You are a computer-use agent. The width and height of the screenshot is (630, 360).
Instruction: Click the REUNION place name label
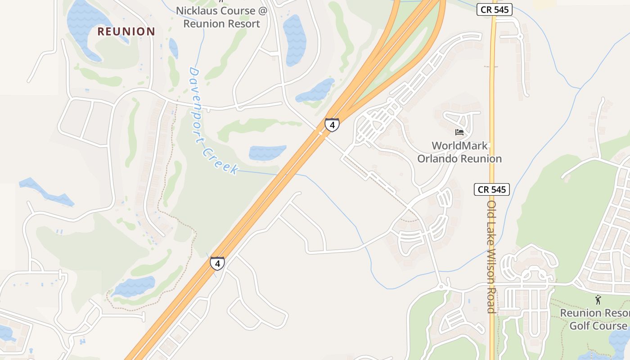(126, 31)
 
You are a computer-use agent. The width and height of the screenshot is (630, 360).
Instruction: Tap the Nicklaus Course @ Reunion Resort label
(221, 17)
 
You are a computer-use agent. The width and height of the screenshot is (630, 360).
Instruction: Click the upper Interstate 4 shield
(332, 125)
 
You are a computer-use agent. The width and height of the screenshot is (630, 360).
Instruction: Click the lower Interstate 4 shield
(217, 263)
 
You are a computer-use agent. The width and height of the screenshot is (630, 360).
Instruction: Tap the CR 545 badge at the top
(495, 9)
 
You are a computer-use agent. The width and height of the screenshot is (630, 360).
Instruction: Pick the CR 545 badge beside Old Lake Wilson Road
(492, 189)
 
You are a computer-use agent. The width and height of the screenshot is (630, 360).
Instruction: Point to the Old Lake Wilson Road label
(491, 256)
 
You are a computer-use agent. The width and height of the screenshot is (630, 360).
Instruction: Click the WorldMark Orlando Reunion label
(459, 152)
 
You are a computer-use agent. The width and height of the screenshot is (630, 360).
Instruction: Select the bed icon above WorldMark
(459, 132)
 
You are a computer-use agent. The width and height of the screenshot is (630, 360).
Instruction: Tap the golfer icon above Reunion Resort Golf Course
(598, 299)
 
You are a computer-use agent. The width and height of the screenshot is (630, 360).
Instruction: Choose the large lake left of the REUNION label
(88, 27)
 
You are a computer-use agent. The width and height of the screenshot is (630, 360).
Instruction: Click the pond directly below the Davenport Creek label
(267, 153)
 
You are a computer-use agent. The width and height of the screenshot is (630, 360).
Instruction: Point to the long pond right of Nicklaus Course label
(294, 40)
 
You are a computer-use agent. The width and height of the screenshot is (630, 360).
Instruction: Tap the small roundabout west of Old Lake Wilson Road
(441, 286)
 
